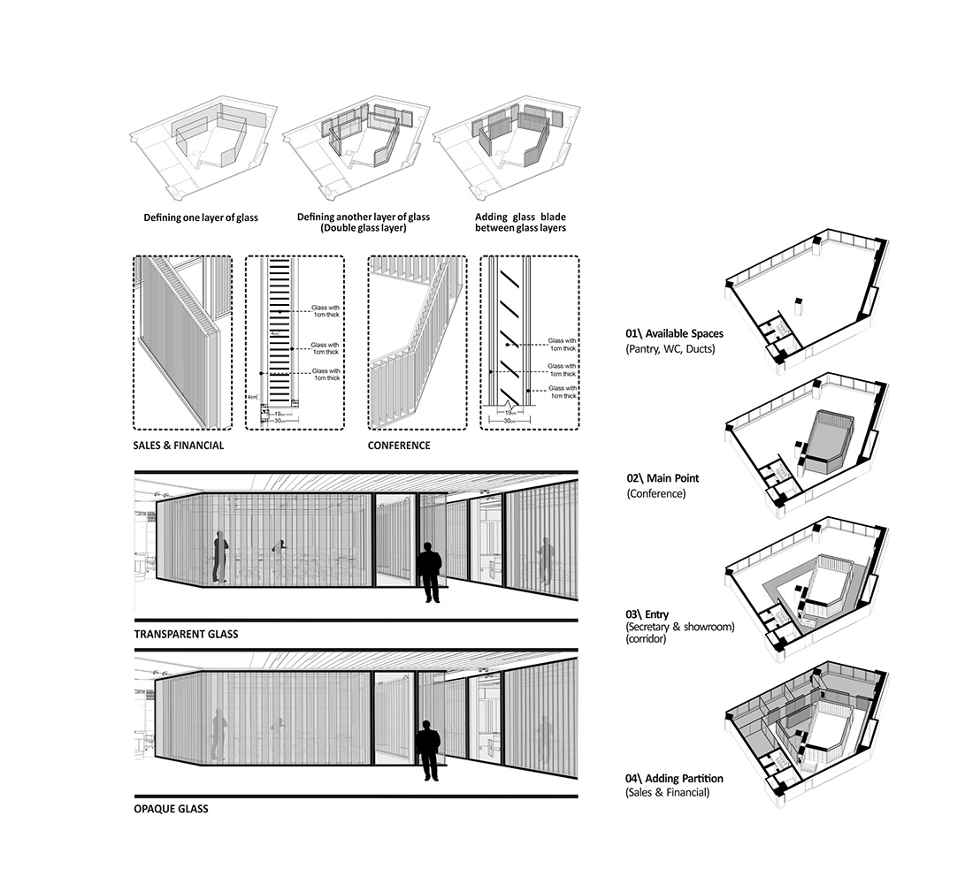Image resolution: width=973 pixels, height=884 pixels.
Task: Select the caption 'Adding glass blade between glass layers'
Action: click(519, 222)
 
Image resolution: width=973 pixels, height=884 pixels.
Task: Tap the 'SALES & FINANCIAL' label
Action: click(178, 446)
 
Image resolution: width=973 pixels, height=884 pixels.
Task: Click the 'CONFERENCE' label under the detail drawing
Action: click(399, 446)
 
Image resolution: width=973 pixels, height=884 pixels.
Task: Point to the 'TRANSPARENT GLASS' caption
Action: click(186, 634)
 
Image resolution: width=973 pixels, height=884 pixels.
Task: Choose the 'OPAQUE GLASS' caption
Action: click(172, 808)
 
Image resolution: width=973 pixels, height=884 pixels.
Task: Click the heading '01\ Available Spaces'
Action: click(674, 334)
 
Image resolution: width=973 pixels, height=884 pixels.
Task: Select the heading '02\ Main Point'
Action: click(663, 479)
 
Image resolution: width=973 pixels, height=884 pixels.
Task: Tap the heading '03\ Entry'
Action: click(647, 614)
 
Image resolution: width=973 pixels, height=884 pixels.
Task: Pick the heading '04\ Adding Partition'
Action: click(674, 779)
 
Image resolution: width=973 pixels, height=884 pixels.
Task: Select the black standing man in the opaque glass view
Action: click(429, 749)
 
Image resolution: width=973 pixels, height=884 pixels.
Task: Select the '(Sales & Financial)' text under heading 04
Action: click(667, 793)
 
